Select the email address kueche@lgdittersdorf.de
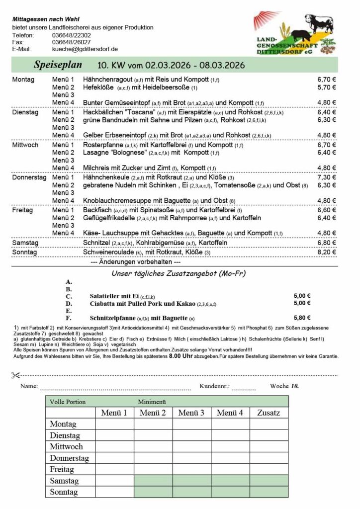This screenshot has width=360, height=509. pos(85,49)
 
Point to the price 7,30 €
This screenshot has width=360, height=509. pos(326,177)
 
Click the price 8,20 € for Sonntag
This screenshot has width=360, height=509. pos(326,252)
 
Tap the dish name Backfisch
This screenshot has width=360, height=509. pos(97,210)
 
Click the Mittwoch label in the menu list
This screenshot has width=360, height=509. pos(26,145)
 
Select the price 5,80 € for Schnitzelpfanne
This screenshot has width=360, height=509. pos(302,318)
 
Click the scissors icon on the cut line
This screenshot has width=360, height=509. pos(15,374)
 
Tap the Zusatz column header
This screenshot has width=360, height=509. pos(269,413)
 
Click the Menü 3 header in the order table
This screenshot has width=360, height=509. pos(191,413)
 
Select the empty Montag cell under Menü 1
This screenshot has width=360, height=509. pos(114,424)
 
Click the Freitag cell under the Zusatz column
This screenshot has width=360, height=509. pos(269,469)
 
